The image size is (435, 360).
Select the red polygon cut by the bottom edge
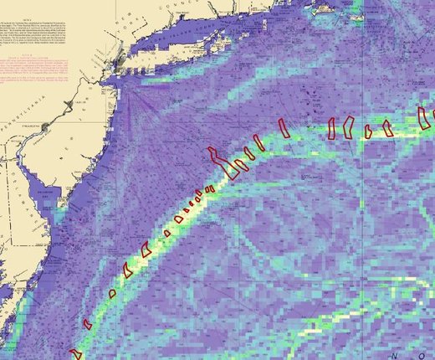pos(74,353)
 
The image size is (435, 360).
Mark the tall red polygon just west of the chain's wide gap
pos(284,126)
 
